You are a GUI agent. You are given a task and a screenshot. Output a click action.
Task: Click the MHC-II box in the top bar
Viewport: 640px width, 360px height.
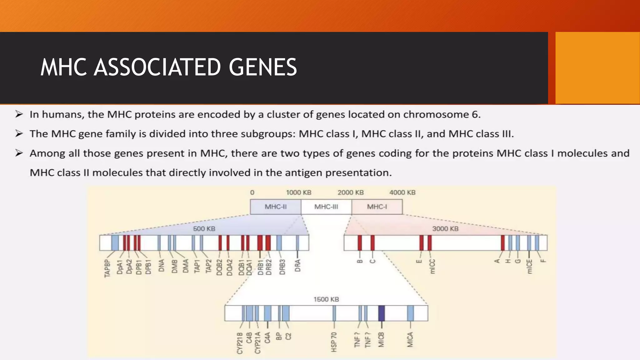(276, 207)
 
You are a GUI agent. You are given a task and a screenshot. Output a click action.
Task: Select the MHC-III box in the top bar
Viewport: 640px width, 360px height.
(326, 207)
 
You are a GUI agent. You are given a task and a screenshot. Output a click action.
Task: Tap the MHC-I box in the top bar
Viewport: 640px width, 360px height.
(377, 207)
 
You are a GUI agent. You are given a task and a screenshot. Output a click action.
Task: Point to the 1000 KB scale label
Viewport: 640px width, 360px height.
(299, 192)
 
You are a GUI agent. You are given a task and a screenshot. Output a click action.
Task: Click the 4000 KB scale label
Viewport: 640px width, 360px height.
(402, 192)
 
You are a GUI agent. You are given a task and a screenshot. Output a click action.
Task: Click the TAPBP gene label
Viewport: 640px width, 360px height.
(107, 268)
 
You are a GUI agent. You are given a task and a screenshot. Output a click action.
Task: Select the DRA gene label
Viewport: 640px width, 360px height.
(297, 266)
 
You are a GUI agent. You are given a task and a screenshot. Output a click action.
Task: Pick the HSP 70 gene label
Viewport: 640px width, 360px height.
(334, 342)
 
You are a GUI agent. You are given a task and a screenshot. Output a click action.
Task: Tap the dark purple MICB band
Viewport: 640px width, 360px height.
(381, 313)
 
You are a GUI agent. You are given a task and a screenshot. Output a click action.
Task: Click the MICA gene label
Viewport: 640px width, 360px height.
(410, 339)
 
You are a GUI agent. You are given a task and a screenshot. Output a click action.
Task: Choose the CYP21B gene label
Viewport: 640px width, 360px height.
(240, 343)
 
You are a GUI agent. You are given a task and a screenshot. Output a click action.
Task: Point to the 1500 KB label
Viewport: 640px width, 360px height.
(326, 299)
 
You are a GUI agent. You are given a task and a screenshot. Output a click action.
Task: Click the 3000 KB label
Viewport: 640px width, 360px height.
(445, 229)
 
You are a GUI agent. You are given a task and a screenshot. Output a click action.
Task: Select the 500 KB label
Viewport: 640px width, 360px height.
(204, 229)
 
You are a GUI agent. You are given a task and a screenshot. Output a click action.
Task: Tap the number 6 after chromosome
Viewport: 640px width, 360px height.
(475, 115)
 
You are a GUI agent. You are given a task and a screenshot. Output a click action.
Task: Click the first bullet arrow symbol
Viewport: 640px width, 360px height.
(19, 114)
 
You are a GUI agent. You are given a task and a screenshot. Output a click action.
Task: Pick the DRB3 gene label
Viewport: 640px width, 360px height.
(282, 267)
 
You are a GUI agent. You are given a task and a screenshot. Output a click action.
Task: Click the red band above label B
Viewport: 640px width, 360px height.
(360, 243)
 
